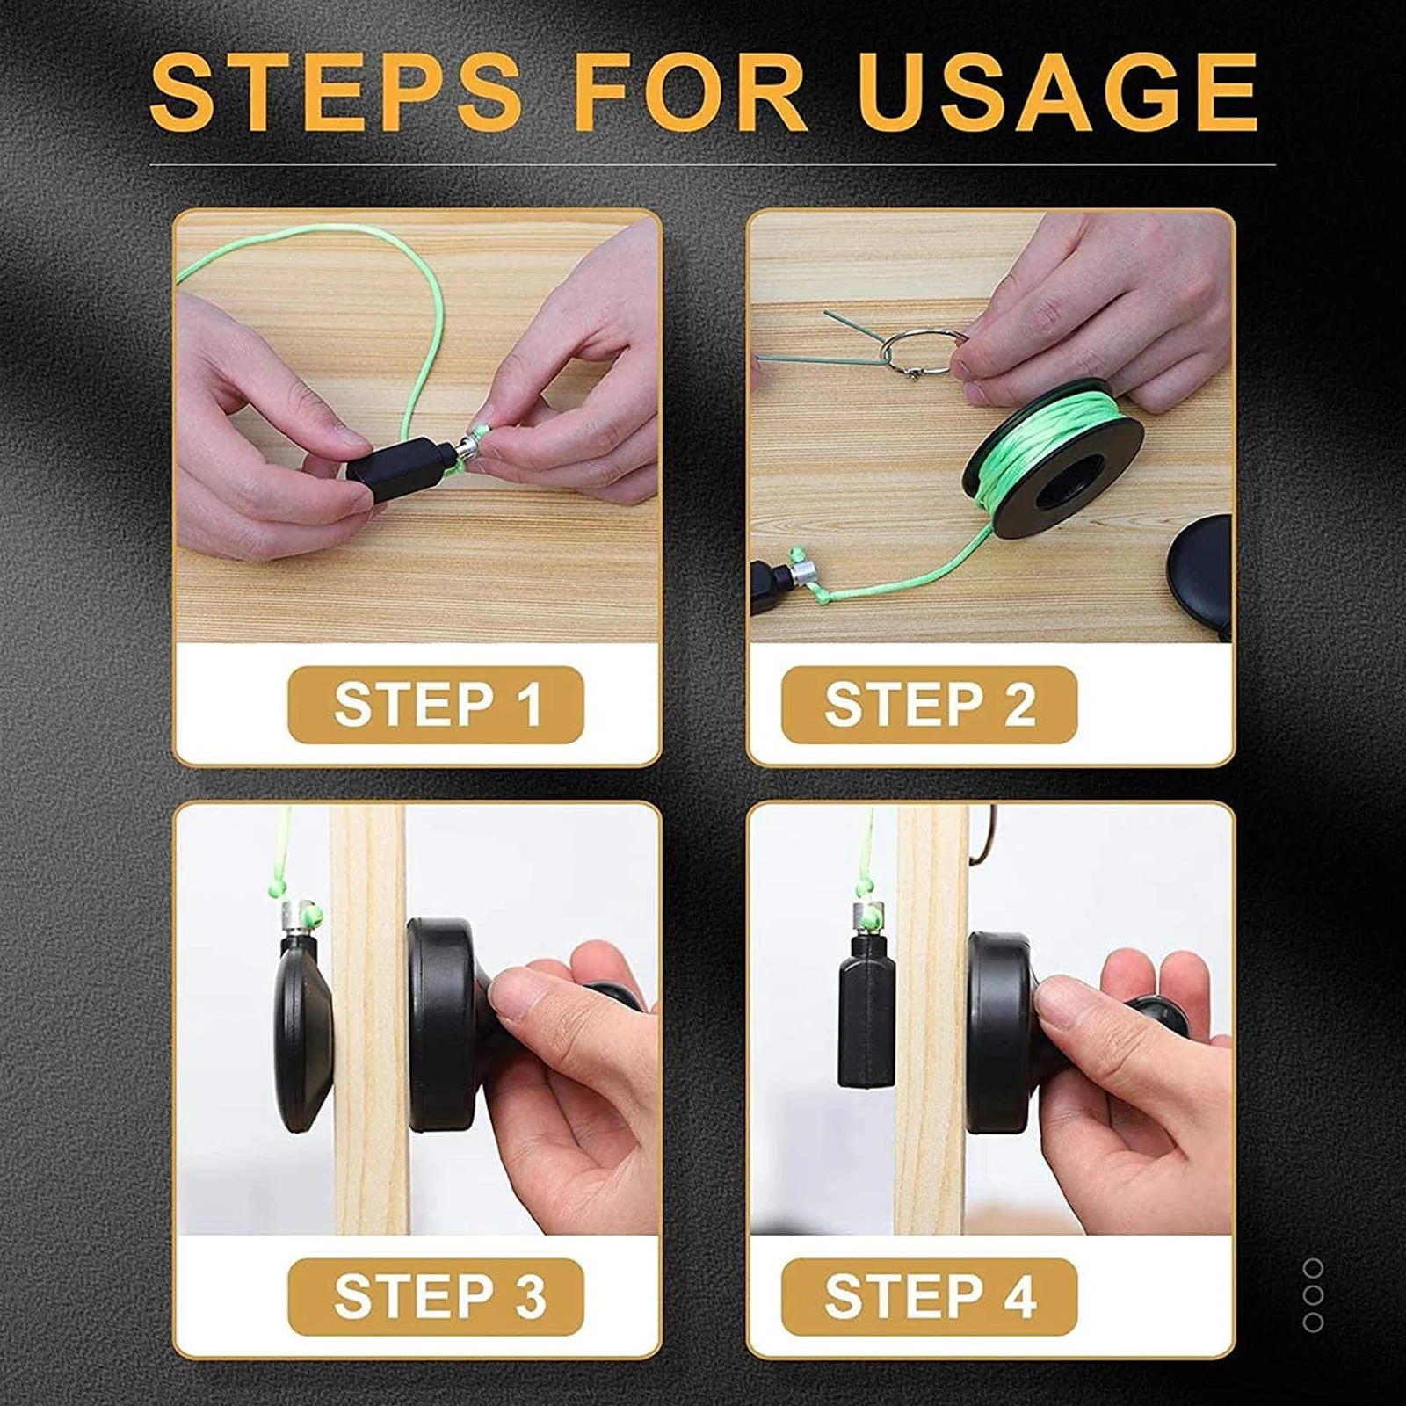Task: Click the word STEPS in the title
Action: pos(336,92)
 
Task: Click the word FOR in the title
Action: pos(690,92)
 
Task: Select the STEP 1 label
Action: pos(436,705)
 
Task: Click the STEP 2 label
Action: pos(929,705)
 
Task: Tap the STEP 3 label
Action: pos(436,1297)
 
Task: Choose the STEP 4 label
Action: pos(929,1297)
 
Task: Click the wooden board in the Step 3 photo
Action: pos(369,1098)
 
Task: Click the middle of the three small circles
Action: pos(1313,1295)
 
